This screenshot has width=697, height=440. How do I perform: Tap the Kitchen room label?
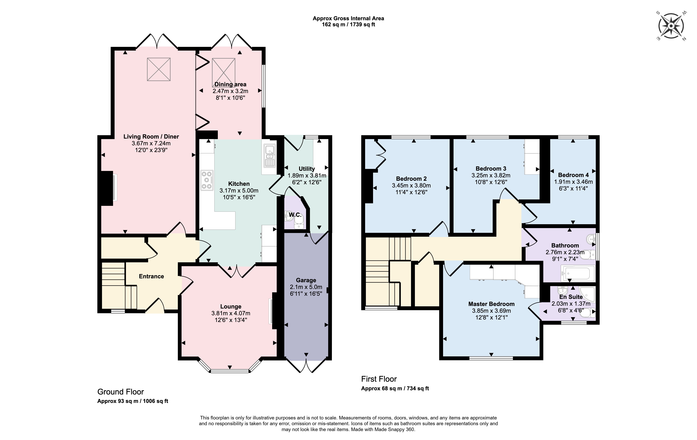(x=239, y=184)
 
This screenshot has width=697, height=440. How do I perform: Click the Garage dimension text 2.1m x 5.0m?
(x=306, y=287)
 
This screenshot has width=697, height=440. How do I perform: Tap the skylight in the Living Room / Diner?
(x=159, y=69)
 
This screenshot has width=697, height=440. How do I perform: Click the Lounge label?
(x=231, y=306)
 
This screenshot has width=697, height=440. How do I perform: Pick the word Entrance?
(x=151, y=276)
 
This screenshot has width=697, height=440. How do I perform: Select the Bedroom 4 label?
(x=573, y=175)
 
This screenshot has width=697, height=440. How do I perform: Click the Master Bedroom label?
(x=491, y=304)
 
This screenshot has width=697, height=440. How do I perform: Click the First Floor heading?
(x=379, y=379)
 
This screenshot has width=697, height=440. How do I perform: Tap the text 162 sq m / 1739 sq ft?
(x=349, y=25)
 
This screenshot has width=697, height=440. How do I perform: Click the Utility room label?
(x=307, y=169)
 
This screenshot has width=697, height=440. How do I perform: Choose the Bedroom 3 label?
(x=491, y=169)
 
